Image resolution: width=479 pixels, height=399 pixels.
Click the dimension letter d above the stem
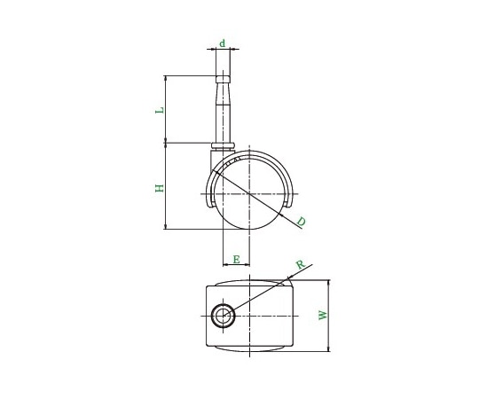[x=223, y=43]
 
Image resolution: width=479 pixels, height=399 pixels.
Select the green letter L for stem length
[x=160, y=110]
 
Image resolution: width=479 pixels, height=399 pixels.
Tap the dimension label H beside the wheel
[x=160, y=187]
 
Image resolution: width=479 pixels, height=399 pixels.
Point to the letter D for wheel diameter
[x=301, y=222]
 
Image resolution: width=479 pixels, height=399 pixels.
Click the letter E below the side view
[x=236, y=260]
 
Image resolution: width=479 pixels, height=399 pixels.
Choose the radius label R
[x=301, y=265]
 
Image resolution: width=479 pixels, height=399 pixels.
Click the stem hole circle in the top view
[x=223, y=315]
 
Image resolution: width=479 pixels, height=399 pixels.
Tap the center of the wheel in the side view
[x=250, y=193]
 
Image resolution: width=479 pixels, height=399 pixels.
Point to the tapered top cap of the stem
[x=223, y=81]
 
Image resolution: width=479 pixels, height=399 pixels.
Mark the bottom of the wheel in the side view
[x=250, y=230]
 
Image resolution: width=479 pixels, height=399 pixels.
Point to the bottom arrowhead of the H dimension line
[x=166, y=227]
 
